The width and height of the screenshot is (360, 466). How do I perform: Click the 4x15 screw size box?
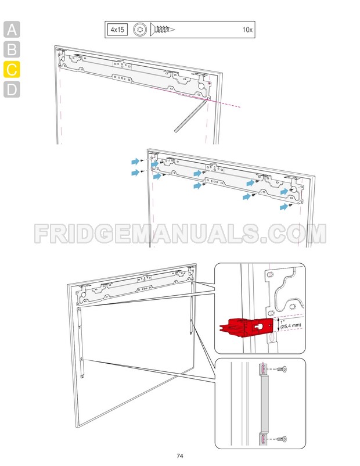(117, 29)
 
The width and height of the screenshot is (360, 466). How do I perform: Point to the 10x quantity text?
(247, 30)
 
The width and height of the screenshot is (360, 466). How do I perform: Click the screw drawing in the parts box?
(162, 29)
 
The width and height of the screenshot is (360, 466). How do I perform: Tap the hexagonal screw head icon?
(139, 29)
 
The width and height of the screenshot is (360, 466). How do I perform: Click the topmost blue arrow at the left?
(134, 159)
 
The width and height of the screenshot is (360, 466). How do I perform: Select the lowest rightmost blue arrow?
(284, 206)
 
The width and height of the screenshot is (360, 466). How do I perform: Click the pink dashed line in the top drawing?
(226, 103)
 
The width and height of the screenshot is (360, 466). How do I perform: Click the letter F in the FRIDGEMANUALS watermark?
(44, 233)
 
